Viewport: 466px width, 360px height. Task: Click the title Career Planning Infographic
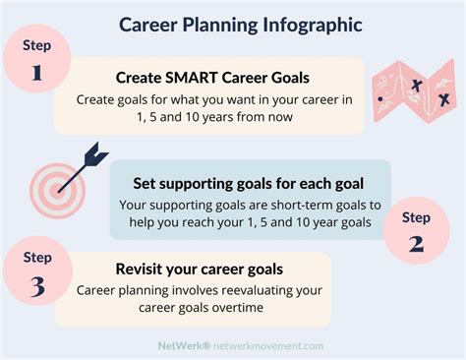click(232, 23)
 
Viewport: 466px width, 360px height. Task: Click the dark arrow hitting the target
click(94, 156)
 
